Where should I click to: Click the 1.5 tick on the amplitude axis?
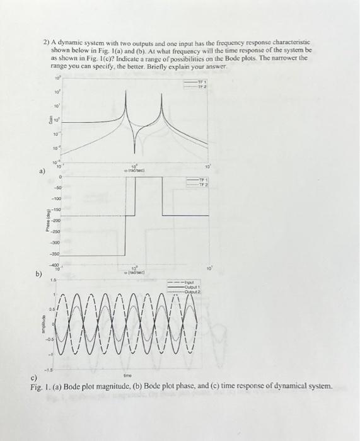point(55,278)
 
